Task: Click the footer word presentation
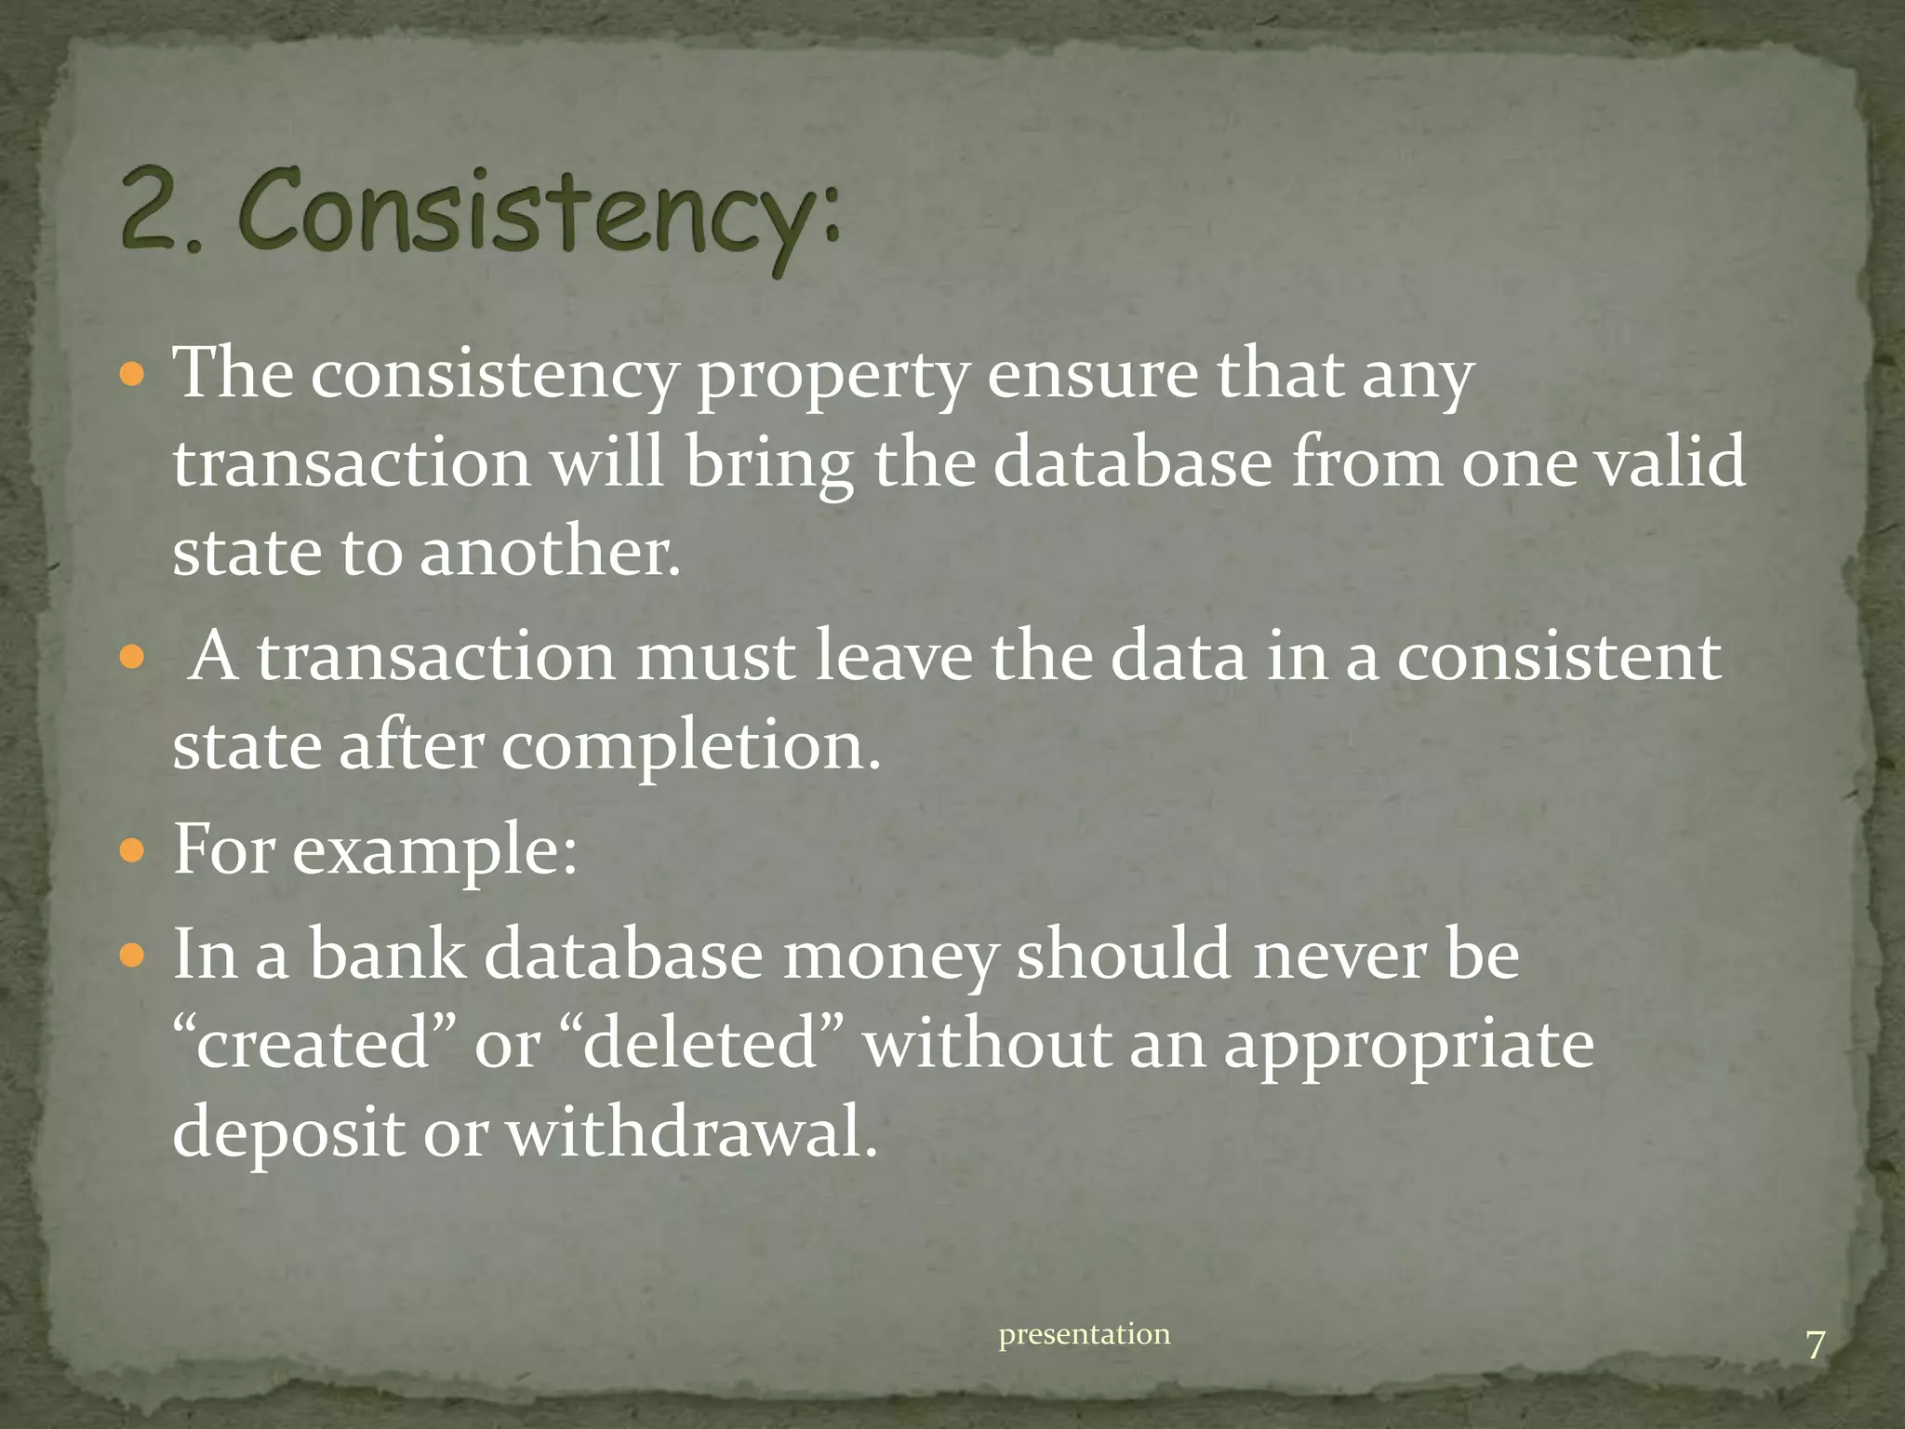pos(1085,1335)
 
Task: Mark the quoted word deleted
pos(704,1044)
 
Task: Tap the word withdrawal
pos(691,1133)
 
